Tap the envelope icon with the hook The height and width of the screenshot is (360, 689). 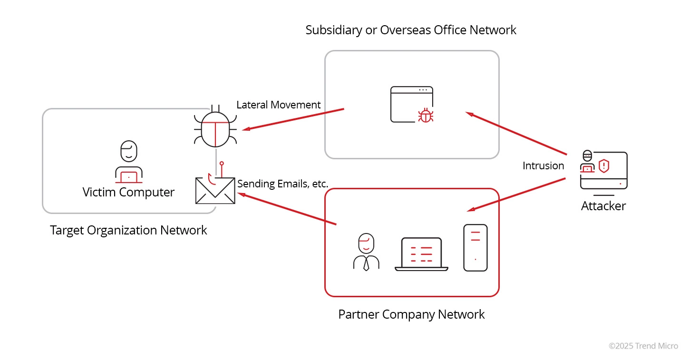215,189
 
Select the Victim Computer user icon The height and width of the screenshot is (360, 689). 129,162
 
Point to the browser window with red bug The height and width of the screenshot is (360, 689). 412,105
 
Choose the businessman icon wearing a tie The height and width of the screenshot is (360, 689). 366,253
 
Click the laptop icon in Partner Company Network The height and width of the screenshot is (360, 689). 421,254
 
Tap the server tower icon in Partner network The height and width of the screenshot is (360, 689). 476,248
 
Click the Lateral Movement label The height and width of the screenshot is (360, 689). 279,105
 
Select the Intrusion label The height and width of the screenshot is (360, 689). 543,165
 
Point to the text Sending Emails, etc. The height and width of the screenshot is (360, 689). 283,184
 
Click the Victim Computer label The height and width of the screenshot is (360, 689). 128,192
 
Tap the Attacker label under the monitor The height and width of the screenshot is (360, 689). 603,206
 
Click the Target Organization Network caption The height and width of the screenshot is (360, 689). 128,230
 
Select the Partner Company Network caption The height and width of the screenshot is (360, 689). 411,314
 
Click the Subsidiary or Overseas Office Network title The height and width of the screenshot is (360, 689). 411,30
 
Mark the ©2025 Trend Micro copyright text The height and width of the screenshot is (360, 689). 643,346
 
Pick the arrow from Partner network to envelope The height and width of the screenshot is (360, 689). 288,209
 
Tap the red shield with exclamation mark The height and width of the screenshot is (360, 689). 603,165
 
